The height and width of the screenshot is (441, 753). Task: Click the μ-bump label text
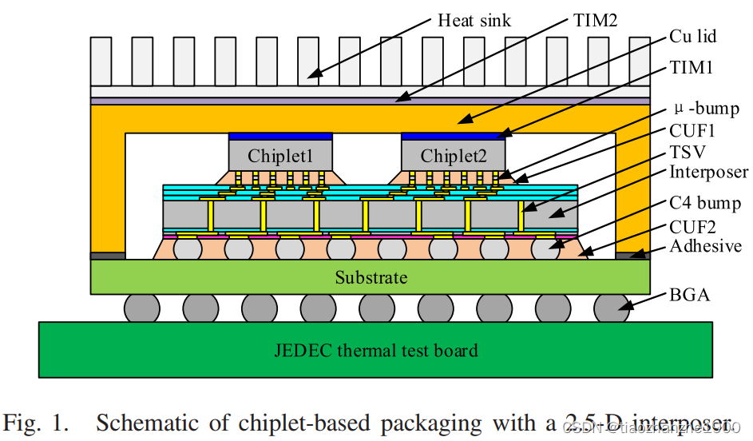click(707, 108)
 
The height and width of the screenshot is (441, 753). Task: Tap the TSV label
click(688, 151)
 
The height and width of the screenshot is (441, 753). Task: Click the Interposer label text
click(708, 172)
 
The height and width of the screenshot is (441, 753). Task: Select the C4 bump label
click(705, 203)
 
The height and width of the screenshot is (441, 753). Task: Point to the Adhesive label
click(705, 246)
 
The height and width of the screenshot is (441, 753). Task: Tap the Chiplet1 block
click(280, 155)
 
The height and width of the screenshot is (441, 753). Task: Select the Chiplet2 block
click(453, 155)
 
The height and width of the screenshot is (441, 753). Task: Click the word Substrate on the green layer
click(371, 277)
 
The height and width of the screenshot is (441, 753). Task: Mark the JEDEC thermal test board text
click(375, 350)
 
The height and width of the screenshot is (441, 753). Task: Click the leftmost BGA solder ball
click(141, 308)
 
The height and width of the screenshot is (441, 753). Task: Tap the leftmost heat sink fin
click(101, 61)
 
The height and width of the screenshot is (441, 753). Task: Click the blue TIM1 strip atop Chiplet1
click(280, 136)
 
